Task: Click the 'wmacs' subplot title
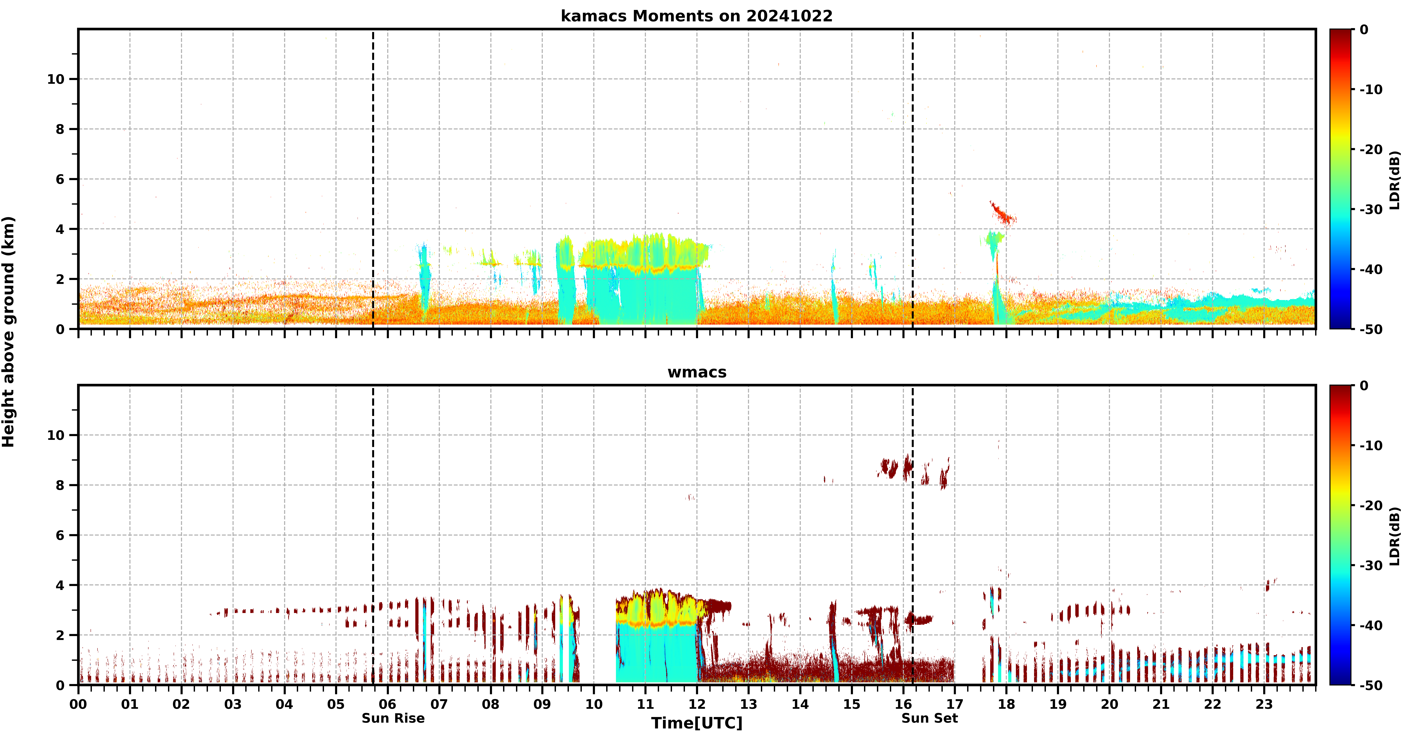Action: coord(697,372)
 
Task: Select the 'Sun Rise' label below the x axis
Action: coord(393,718)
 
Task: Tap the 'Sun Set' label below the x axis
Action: coord(929,718)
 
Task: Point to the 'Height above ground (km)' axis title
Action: coord(8,332)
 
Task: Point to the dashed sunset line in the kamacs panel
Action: coord(912,179)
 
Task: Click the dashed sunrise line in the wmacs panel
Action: coord(373,535)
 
